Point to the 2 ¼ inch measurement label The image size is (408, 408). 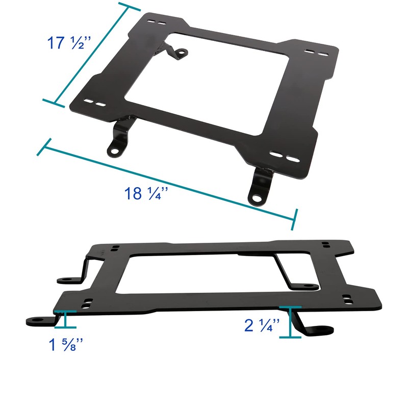[x=261, y=324]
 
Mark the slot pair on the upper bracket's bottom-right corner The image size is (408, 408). [x=282, y=155]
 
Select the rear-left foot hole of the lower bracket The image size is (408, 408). [x=66, y=280]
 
